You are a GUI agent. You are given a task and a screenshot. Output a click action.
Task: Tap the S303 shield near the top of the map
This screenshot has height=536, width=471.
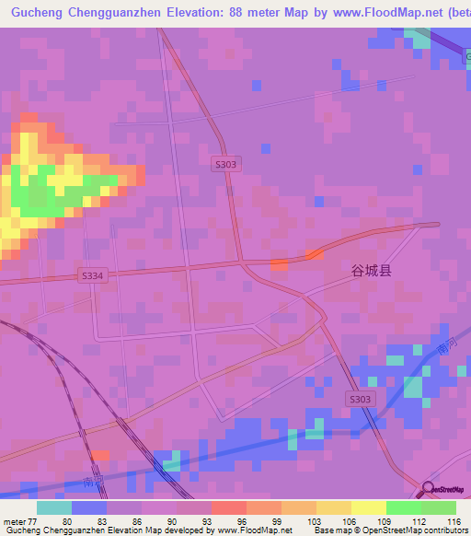pyautogui.click(x=225, y=164)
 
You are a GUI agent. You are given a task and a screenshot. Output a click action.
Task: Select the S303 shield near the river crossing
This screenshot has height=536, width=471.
pyautogui.click(x=362, y=398)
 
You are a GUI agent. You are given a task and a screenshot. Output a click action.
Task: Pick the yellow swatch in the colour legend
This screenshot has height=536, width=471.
pyautogui.click(x=368, y=507)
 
